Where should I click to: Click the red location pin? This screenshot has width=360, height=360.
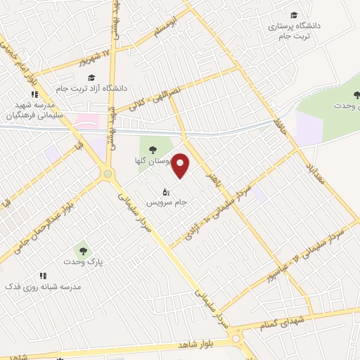tap(181, 165)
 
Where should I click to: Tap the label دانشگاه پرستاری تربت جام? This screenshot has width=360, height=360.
tap(293, 30)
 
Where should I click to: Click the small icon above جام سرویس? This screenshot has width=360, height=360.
tap(167, 191)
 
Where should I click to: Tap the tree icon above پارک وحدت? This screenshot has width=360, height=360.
tap(83, 250)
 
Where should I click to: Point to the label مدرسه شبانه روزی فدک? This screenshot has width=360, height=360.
tap(43, 287)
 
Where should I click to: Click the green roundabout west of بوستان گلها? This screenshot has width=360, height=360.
tap(108, 173)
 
